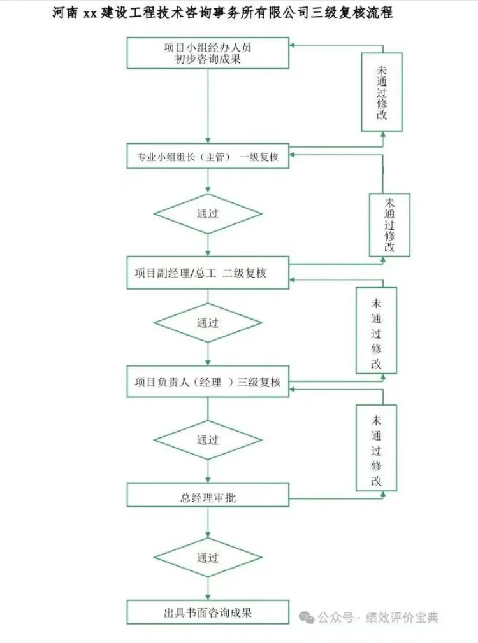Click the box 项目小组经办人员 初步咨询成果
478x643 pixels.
[208, 53]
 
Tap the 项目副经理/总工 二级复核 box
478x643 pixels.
[208, 273]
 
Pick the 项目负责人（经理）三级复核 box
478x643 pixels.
[208, 382]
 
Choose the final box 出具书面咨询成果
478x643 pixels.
[208, 612]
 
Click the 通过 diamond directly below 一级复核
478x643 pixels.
[208, 214]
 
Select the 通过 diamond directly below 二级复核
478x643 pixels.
[208, 323]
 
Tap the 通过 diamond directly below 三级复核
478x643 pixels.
[208, 440]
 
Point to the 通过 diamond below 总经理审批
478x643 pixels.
[208, 558]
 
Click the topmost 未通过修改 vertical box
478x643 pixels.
[382, 92]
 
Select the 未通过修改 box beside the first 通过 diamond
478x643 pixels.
[389, 225]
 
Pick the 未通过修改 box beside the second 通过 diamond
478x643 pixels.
[376, 330]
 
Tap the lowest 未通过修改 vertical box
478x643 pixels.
[376, 448]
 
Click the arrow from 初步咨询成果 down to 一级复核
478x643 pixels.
[208, 105]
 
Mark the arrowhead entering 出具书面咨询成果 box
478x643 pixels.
[208, 595]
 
